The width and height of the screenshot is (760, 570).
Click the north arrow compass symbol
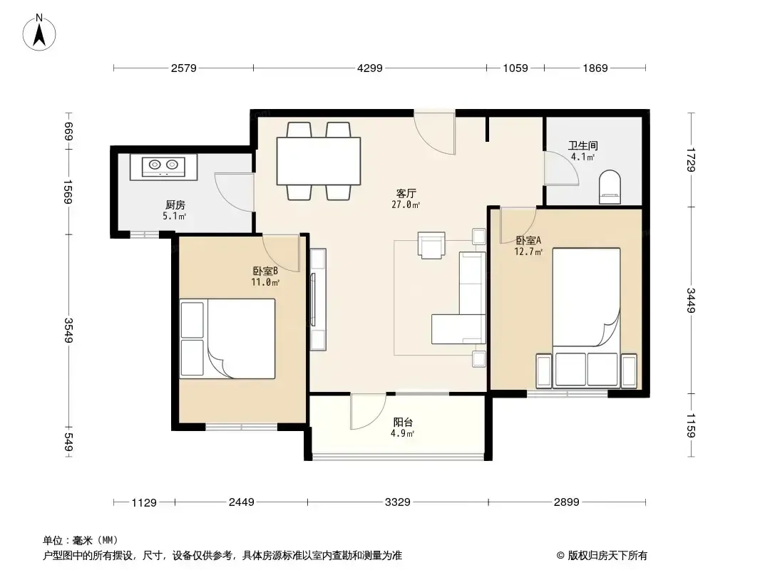[39, 32]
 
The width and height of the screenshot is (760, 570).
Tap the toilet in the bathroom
[610, 187]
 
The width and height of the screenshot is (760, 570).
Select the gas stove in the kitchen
[164, 167]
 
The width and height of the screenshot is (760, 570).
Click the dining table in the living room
[319, 161]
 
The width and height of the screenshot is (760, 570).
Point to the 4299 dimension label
[370, 68]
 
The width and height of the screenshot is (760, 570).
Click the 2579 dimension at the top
[184, 68]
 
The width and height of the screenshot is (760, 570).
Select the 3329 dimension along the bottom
[397, 502]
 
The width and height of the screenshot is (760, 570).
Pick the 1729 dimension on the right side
[691, 160]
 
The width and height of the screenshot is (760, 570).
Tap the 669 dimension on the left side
[69, 132]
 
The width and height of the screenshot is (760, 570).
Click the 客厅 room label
[406, 193]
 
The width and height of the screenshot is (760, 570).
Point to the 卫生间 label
[583, 145]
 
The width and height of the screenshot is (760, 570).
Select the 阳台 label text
[403, 423]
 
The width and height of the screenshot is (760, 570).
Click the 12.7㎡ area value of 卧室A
[528, 252]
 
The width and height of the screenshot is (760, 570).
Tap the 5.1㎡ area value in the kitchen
[175, 216]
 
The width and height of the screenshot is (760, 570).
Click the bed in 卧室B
[227, 338]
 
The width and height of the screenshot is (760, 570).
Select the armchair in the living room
[431, 245]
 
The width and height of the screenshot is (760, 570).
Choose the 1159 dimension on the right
[691, 425]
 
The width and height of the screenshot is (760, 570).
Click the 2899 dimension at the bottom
[567, 502]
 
